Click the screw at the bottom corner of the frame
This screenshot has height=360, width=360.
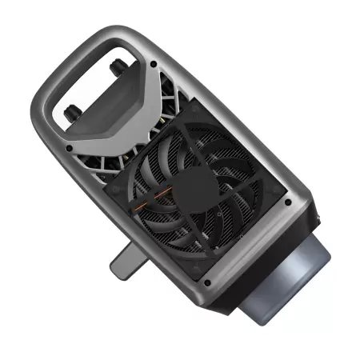[207, 282]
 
